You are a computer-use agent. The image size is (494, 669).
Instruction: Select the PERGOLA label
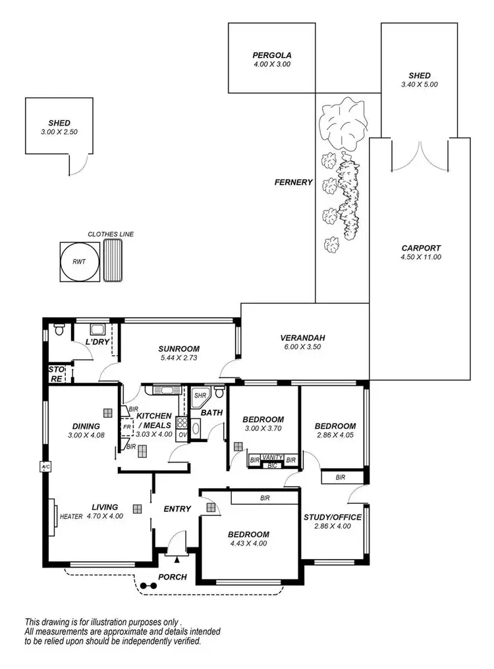pos(271,55)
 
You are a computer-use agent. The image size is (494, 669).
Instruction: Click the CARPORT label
pos(421,248)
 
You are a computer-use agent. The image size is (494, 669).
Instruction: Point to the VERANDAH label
pos(304,338)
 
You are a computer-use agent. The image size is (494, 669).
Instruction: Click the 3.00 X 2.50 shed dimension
pos(59,132)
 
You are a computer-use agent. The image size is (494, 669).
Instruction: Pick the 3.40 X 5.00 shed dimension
pos(419,84)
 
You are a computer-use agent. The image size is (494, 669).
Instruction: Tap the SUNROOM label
pos(178,349)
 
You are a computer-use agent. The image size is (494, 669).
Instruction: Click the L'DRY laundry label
pos(97,342)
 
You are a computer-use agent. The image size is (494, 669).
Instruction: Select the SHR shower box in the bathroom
pos(200,396)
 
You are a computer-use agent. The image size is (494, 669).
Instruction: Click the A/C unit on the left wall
pos(45,468)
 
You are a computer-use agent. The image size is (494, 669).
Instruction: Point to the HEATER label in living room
pos(71,517)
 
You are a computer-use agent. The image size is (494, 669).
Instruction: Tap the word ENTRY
pos(177,508)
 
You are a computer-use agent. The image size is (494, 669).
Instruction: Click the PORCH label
pos(173,577)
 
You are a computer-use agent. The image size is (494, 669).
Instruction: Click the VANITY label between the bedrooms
pos(272,457)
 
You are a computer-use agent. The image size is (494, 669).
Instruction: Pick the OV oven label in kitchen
pos(182,435)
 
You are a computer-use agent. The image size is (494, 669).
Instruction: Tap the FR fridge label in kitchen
pos(126,427)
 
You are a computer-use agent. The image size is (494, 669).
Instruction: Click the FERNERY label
pos(293,182)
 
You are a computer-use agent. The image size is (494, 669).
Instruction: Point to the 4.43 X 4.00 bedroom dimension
pos(248,544)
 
